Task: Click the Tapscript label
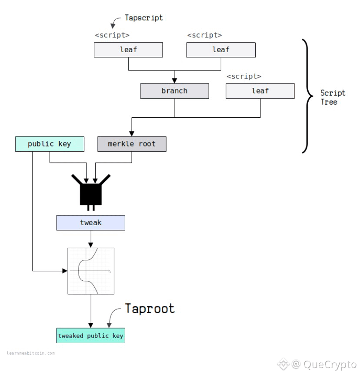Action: pos(144,18)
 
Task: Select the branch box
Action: pos(174,91)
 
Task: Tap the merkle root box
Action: pos(132,144)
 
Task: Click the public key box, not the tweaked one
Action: pos(50,144)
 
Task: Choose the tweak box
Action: pos(91,222)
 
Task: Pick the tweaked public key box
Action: pos(91,335)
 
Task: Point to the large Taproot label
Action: pos(150,309)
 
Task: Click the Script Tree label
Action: pos(333,97)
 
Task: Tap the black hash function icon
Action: pos(91,192)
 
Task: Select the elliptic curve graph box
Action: pos(91,271)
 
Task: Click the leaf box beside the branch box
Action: pos(260,91)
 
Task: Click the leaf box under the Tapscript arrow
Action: pos(128,50)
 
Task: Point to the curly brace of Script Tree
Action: pos(307,96)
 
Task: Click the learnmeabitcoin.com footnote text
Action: pos(31,353)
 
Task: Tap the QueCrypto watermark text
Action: pos(330,365)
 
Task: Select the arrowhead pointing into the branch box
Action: pos(175,80)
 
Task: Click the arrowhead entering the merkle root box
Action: pos(132,134)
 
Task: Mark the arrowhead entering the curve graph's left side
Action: pos(65,271)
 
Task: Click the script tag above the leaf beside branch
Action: pos(244,76)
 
